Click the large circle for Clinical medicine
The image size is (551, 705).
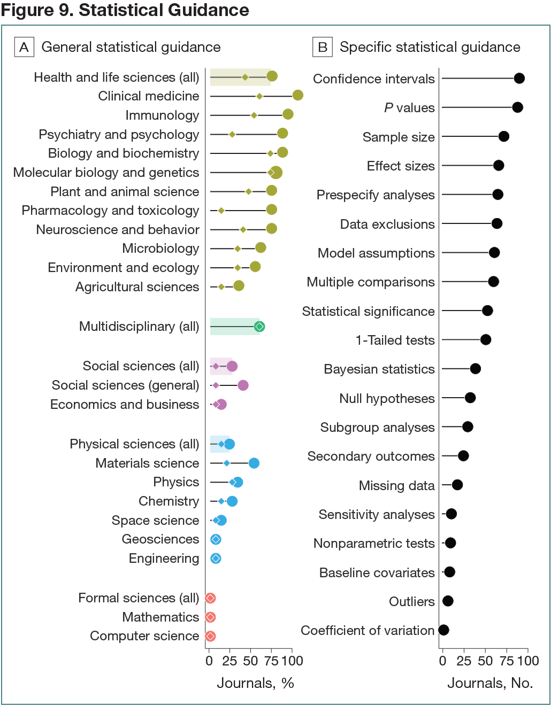[x=298, y=95]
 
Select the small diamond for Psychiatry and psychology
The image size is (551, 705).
[x=232, y=134]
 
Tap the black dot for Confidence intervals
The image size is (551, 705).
[x=519, y=79]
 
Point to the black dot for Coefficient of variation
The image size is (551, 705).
[x=443, y=630]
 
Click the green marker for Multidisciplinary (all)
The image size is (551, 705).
[x=259, y=327]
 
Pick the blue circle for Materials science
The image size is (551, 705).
[x=254, y=463]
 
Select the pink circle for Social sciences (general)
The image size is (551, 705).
[x=243, y=385]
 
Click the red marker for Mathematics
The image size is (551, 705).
[x=210, y=617]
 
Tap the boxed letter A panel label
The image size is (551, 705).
[x=24, y=47]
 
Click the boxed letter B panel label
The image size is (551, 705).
[x=323, y=47]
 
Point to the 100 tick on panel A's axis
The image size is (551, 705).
[x=292, y=661]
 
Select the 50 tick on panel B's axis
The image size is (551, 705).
[x=485, y=661]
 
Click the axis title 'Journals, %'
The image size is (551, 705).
[x=255, y=683]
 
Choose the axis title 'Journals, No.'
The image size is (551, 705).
[x=490, y=683]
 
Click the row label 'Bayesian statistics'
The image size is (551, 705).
[x=379, y=369]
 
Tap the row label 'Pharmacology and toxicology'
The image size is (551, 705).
[x=110, y=211]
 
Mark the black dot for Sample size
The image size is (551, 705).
[x=503, y=136]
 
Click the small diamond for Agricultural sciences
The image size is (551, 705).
[x=221, y=287]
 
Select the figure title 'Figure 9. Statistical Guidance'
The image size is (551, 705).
[x=125, y=10]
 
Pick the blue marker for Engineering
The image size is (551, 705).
[x=216, y=559]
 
